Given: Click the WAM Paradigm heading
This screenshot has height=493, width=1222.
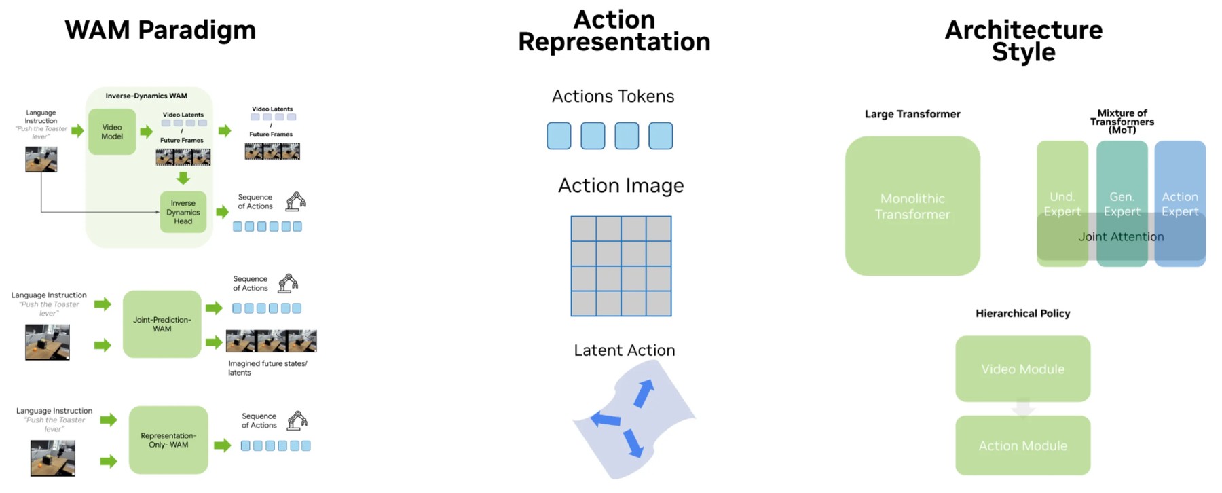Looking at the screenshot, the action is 160,31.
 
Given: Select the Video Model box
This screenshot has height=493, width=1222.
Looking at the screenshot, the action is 112,132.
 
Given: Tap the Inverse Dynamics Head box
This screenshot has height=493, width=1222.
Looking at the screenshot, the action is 183,212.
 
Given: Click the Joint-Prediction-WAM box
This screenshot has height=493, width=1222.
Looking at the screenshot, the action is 162,324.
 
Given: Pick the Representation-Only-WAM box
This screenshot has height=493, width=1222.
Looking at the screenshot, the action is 168,440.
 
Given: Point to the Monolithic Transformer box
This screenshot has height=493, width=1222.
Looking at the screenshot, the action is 912,206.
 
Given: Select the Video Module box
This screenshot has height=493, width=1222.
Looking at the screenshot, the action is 1023,369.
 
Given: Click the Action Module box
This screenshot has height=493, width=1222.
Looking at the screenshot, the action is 1023,445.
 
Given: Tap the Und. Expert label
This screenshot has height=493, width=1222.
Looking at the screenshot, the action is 1062,204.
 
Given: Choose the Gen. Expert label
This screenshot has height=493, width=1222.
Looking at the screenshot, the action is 1122,204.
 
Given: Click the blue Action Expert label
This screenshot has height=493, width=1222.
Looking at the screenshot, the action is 1180,204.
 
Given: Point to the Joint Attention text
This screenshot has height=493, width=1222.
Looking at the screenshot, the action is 1122,236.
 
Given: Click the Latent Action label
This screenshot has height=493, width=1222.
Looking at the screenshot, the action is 625,350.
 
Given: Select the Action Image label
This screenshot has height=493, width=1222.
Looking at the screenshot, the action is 621,186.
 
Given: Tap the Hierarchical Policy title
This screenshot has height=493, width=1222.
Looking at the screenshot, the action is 1023,313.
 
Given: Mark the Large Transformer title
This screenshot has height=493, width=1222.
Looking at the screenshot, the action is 912,114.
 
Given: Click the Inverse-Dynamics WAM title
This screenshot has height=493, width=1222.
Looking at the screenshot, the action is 147,96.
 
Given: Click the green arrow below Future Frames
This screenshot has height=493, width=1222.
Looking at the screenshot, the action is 183,178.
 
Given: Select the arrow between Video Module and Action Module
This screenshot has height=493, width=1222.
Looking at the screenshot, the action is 1023,408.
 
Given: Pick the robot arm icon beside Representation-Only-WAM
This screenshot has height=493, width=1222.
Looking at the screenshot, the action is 297,420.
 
